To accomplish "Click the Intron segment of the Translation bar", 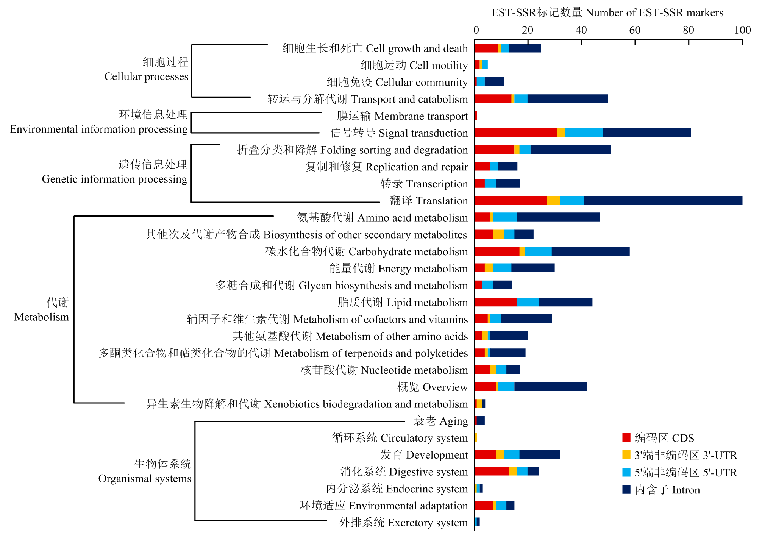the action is (x=663, y=200).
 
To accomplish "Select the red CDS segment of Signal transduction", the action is (x=516, y=133).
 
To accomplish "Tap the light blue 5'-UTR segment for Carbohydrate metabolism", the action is (x=538, y=251).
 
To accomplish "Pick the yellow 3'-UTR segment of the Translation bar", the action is (x=553, y=200).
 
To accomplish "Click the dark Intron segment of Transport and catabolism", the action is (x=568, y=99).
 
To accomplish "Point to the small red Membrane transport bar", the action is (x=476, y=116).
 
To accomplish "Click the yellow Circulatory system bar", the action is (x=476, y=437).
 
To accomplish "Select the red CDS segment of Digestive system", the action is (x=492, y=471).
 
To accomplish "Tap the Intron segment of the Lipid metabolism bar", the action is (x=565, y=302).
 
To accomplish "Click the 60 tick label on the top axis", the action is (x=635, y=30).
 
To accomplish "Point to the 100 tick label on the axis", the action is (x=742, y=30).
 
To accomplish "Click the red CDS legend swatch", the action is (x=626, y=437).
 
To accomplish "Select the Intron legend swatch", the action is (x=626, y=489).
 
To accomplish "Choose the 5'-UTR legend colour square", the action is (x=626, y=472).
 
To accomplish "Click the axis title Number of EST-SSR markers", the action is (x=654, y=12).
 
